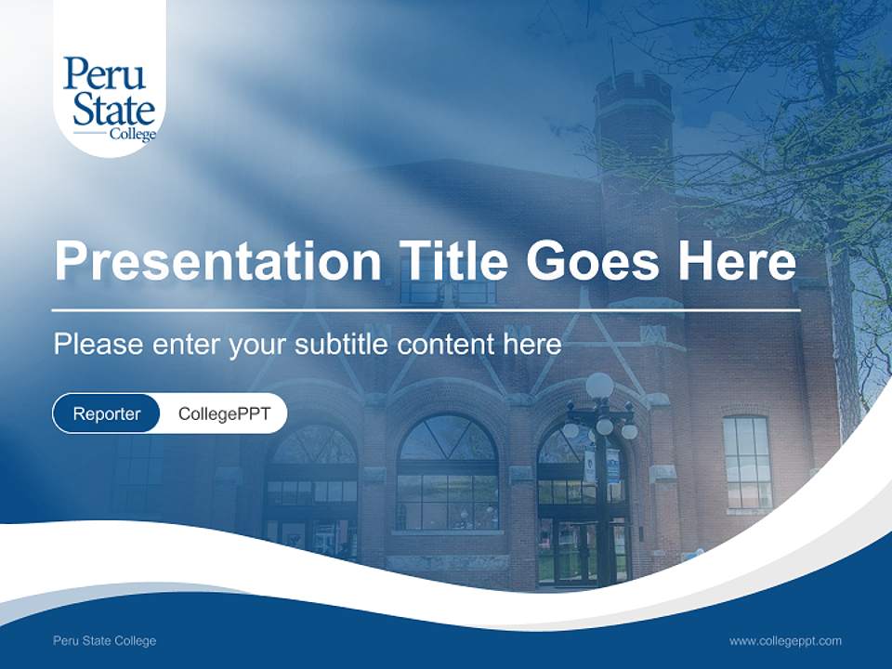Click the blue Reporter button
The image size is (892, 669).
point(107,413)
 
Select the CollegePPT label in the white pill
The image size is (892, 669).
point(224,413)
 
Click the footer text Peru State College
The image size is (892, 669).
point(105,640)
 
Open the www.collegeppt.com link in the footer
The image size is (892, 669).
point(785,640)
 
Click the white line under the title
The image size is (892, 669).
point(426,309)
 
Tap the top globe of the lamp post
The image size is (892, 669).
point(599,385)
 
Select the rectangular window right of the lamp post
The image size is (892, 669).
point(747,462)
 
